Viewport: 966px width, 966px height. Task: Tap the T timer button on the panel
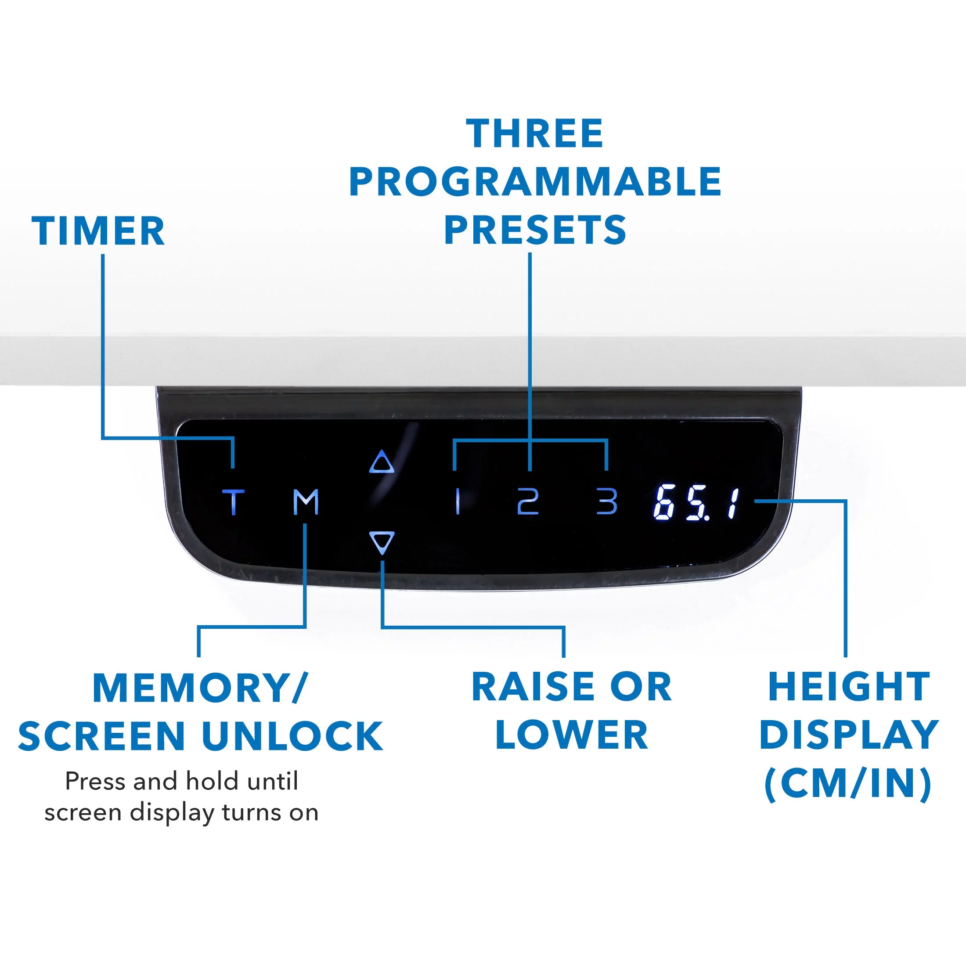(x=234, y=502)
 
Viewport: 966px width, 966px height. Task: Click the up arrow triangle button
(x=382, y=462)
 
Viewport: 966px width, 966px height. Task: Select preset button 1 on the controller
(x=458, y=502)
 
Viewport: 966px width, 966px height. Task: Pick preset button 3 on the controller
(x=607, y=502)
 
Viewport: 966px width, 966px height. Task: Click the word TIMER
(x=98, y=231)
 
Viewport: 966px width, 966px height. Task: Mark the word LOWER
(x=572, y=735)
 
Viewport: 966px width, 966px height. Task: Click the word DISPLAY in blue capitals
(x=848, y=735)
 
